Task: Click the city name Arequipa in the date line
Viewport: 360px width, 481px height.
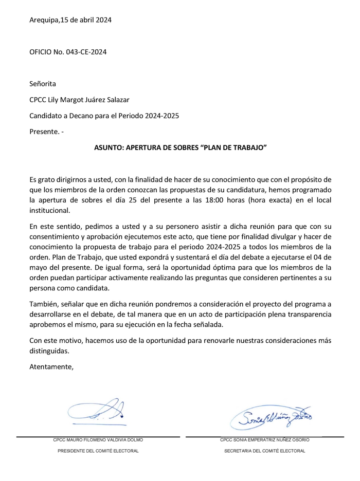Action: click(x=44, y=21)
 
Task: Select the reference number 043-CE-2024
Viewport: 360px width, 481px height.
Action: click(x=86, y=52)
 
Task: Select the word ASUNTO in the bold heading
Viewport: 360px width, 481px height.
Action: click(x=110, y=147)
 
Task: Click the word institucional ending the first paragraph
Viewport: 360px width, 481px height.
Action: click(x=49, y=211)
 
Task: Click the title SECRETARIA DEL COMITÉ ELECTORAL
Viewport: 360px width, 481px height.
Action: click(x=264, y=451)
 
